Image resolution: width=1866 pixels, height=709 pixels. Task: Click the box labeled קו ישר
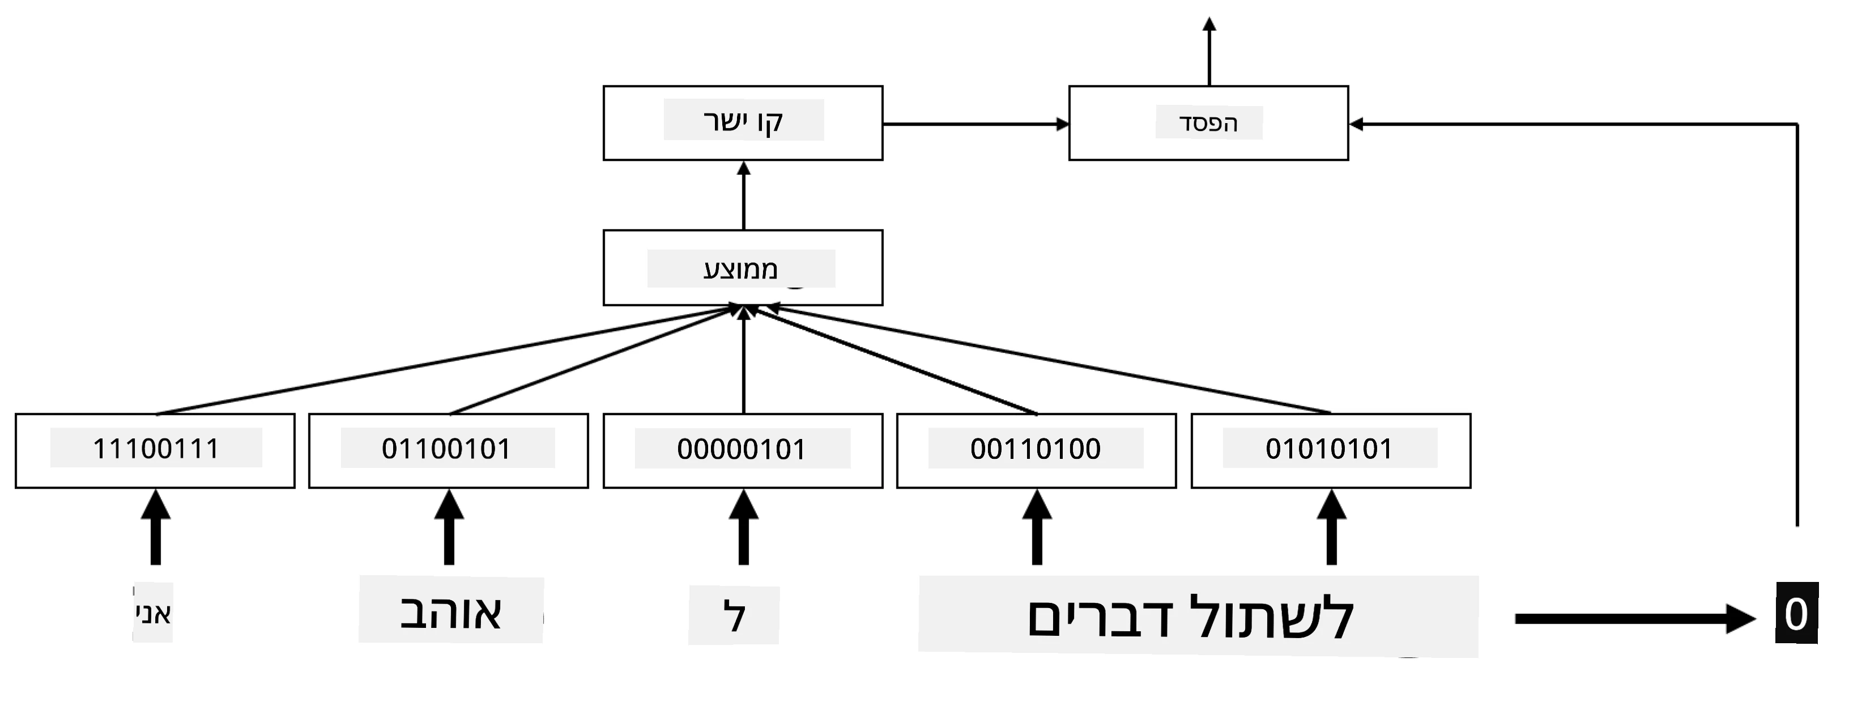click(x=743, y=123)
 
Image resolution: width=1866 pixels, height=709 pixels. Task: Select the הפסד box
click(x=1208, y=123)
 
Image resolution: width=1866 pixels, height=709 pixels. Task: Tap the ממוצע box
click(x=743, y=268)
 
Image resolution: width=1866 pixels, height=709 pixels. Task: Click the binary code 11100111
click(x=155, y=449)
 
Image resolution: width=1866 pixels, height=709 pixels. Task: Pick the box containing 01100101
click(x=449, y=451)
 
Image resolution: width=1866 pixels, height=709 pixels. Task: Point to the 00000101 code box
click(x=743, y=451)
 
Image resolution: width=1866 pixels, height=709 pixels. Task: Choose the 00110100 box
click(x=1036, y=451)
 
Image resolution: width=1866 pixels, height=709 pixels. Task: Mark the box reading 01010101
click(x=1331, y=451)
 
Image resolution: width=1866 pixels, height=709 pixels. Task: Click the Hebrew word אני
click(x=153, y=613)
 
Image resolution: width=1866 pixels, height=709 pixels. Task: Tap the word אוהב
click(x=450, y=613)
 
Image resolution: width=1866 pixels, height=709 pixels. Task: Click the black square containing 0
click(x=1796, y=613)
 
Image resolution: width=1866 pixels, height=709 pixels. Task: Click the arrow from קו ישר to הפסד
click(x=975, y=124)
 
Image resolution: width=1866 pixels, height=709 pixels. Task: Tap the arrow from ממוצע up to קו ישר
click(x=743, y=195)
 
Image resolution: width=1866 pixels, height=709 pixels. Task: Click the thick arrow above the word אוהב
click(x=449, y=527)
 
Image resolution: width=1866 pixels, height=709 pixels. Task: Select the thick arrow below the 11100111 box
click(x=155, y=527)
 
